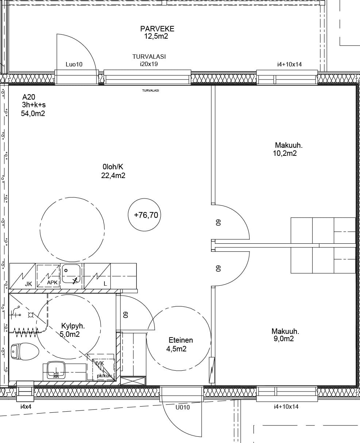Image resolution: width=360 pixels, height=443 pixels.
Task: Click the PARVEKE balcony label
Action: [x=157, y=29]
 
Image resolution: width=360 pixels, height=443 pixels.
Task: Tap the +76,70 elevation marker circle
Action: [x=144, y=215]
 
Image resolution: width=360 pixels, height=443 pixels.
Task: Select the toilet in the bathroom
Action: [x=24, y=351]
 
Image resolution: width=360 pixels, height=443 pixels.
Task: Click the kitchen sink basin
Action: [x=71, y=273]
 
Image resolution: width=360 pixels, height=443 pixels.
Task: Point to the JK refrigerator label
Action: [x=28, y=284]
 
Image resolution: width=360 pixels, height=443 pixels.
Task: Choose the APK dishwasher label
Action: [x=52, y=282]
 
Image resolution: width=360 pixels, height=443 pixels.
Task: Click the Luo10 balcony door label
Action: [x=74, y=64]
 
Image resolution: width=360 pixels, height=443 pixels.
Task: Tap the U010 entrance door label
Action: [x=183, y=407]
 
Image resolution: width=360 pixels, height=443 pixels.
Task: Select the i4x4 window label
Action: [x=26, y=407]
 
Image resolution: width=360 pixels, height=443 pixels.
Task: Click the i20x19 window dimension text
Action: [x=149, y=64]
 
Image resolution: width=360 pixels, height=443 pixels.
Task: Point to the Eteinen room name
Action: [x=181, y=340]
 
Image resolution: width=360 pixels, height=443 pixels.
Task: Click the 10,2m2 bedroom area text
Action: [x=285, y=153]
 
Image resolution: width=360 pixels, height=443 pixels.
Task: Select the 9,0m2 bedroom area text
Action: [x=284, y=339]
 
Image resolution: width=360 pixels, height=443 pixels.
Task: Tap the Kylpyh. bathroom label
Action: [x=73, y=326]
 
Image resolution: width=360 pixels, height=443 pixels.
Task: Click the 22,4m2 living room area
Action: [x=113, y=176]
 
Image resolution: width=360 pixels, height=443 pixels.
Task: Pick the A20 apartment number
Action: [x=29, y=97]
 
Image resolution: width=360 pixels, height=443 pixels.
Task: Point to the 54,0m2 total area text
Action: [x=33, y=113]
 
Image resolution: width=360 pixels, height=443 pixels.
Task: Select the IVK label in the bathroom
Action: [x=99, y=363]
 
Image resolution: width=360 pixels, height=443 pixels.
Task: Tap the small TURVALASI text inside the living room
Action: [x=150, y=90]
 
